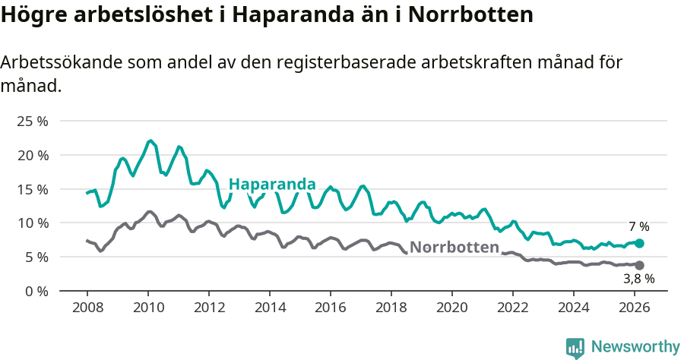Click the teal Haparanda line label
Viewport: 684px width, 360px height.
coord(272,185)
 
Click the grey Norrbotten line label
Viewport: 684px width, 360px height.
coord(454,247)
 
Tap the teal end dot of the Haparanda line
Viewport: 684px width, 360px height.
coord(639,243)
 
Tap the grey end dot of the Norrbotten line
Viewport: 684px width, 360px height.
coord(639,265)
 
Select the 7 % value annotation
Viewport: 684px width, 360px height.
coord(638,226)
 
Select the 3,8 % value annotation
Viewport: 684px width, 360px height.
coord(638,279)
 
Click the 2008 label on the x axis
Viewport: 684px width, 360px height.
coord(87,308)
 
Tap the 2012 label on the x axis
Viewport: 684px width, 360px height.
coord(209,308)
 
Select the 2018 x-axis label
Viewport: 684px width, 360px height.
coord(391,308)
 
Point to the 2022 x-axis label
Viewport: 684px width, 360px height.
coord(513,308)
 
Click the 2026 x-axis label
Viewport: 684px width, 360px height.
coord(635,308)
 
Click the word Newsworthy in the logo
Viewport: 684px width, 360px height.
coord(635,346)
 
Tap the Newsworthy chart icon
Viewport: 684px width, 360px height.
coord(575,348)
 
